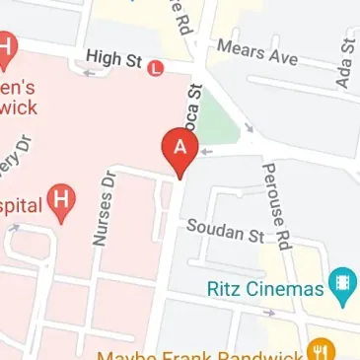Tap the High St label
[x=113, y=60]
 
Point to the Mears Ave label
[x=257, y=51]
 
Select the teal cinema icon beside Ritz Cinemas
[x=342, y=286]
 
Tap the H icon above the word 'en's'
[x=7, y=45]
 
